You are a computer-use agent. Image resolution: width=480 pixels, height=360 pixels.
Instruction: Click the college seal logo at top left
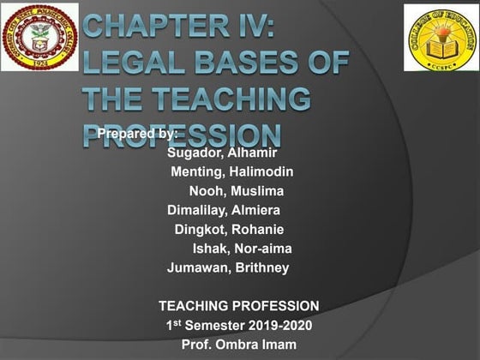pyautogui.click(x=39, y=37)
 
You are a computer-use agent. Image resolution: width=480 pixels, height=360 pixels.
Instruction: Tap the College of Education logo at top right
pyautogui.click(x=440, y=38)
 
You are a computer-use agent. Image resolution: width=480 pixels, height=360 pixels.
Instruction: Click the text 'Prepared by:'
pyautogui.click(x=137, y=134)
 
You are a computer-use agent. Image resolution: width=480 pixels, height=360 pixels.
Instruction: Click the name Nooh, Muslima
pyautogui.click(x=236, y=190)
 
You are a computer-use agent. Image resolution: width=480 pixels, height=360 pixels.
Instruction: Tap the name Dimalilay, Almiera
pyautogui.click(x=224, y=210)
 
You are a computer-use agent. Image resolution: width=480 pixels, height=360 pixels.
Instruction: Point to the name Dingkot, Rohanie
pyautogui.click(x=229, y=229)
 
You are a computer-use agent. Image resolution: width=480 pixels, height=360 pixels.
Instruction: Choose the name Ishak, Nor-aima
pyautogui.click(x=243, y=249)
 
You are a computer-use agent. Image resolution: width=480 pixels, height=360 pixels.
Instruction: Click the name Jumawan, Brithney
pyautogui.click(x=228, y=267)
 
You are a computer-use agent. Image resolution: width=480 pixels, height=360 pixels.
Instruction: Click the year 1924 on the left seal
pyautogui.click(x=39, y=63)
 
